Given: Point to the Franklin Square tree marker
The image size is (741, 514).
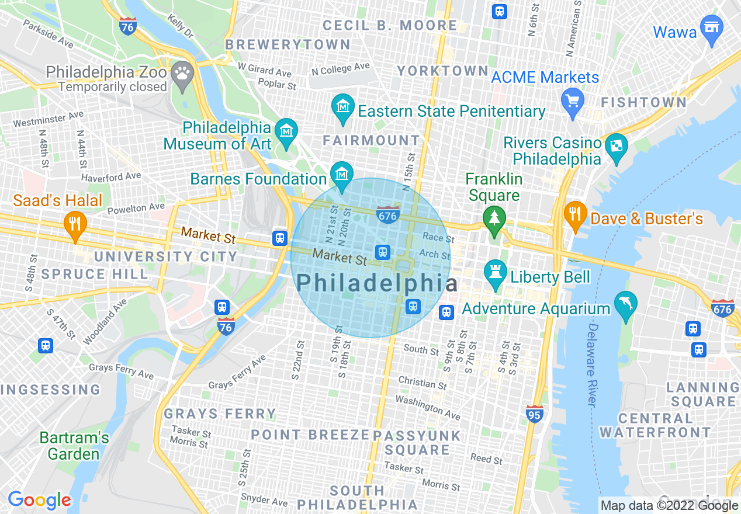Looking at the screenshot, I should [494, 220].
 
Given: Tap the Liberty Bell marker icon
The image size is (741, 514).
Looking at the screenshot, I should [495, 273].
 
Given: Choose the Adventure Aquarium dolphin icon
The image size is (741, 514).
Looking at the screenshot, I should [626, 304].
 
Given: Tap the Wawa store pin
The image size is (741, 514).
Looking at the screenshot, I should [711, 29].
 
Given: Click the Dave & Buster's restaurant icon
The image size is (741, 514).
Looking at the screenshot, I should [576, 214].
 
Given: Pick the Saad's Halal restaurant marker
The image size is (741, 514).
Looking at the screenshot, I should [75, 225].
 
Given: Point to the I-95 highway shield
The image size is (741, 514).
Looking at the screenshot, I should [535, 414].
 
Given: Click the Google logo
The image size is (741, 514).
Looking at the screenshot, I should [39, 500].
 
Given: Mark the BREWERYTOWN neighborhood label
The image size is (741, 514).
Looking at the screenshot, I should [288, 45].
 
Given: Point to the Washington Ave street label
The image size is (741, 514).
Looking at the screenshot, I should [428, 407].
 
